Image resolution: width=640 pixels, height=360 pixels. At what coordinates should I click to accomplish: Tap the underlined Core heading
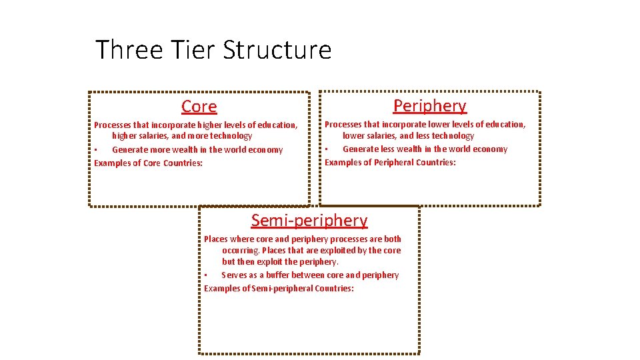pos(199,107)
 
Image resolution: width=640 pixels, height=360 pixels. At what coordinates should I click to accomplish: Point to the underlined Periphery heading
pos(430,106)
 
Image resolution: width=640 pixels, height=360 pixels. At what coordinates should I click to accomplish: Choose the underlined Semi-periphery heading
pos(309,221)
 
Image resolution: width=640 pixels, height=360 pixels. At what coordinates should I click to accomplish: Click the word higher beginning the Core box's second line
pos(125,136)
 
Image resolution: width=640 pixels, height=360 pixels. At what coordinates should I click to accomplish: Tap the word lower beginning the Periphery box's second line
pos(354,136)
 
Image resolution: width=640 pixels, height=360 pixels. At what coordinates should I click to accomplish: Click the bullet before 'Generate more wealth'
pos(96,150)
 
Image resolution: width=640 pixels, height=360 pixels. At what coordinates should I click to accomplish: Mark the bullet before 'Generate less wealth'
pos(327,149)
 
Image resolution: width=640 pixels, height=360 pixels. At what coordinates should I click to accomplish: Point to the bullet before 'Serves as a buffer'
pos(206,275)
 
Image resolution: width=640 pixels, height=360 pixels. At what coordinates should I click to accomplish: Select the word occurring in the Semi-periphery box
pos(241,251)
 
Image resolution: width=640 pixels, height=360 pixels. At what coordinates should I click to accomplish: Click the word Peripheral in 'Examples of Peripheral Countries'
pos(394,163)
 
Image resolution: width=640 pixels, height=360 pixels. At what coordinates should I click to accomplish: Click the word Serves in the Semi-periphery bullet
pos(234,275)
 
